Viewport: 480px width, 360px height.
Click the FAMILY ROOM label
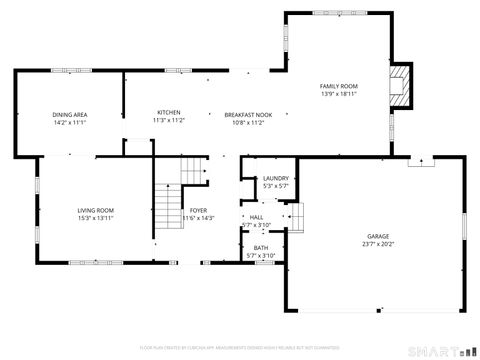pyautogui.click(x=338, y=87)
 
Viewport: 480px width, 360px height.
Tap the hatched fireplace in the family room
pyautogui.click(x=401, y=85)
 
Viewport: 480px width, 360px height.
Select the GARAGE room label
pyautogui.click(x=379, y=236)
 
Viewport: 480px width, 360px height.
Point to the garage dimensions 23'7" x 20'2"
pyautogui.click(x=379, y=244)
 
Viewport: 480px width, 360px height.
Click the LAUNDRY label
pyautogui.click(x=275, y=178)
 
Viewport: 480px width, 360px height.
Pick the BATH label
pyautogui.click(x=260, y=248)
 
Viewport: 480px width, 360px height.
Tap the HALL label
pyautogui.click(x=256, y=217)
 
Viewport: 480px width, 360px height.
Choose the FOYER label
pyautogui.click(x=200, y=210)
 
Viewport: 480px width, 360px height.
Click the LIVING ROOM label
pyautogui.click(x=97, y=210)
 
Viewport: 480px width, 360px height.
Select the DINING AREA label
pyautogui.click(x=70, y=115)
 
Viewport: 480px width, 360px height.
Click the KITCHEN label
pyautogui.click(x=168, y=112)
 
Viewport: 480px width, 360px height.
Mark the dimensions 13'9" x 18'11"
pyautogui.click(x=338, y=94)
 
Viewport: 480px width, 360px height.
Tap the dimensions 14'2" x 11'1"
pyautogui.click(x=70, y=122)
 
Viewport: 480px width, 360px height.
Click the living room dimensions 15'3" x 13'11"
pyautogui.click(x=97, y=218)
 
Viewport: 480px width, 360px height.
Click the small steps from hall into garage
pyautogui.click(x=295, y=217)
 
